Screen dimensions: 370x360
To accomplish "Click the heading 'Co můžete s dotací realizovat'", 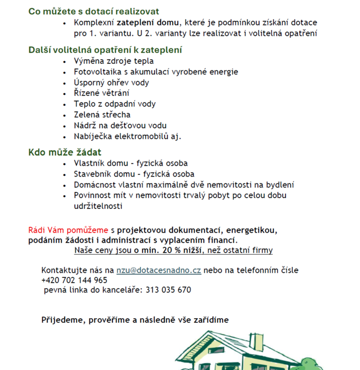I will coord(93,11).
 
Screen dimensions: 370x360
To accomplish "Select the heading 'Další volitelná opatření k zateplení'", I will coord(105,50).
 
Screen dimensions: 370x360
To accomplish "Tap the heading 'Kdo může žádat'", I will coord(64,153).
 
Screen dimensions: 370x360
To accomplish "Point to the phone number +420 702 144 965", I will coord(74,280).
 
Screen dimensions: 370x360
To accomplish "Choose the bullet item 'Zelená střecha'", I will coord(102,115).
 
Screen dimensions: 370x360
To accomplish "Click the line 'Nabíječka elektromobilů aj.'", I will coord(127,136).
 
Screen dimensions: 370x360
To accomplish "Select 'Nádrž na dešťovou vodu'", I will coord(120,125).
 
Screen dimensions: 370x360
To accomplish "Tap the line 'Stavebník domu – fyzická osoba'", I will coord(134,174).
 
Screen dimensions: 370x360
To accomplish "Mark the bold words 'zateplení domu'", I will coord(148,23).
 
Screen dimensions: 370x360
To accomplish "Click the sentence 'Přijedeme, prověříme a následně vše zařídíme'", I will coord(135,320).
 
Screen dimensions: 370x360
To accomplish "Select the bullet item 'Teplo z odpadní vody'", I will coord(115,104).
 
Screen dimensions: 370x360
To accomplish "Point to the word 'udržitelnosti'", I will coord(98,206).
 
